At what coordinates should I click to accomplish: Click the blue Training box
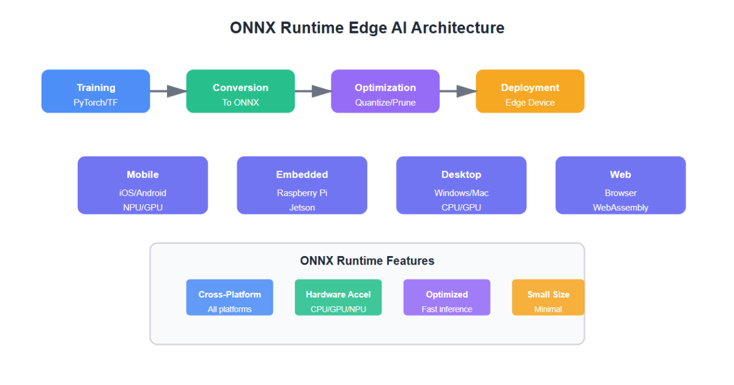point(95,91)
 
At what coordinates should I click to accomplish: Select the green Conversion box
point(240,91)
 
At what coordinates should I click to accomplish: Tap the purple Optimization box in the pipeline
point(385,91)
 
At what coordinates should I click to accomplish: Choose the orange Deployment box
point(530,91)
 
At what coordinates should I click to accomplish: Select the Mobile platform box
point(143,185)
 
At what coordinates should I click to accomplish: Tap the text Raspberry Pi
point(302,193)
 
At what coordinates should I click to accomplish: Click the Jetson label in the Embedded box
point(302,208)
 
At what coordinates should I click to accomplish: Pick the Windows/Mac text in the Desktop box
point(461,193)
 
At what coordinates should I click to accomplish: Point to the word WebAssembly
point(620,208)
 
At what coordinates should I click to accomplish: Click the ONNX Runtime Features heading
point(367,261)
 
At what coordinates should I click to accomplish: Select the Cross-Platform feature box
point(229,298)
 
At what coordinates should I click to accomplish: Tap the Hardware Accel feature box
point(338,298)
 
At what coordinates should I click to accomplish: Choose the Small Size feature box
point(548,298)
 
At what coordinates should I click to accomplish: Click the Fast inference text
point(447,309)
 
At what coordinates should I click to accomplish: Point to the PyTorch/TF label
point(95,103)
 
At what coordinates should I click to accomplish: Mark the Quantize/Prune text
point(385,103)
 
